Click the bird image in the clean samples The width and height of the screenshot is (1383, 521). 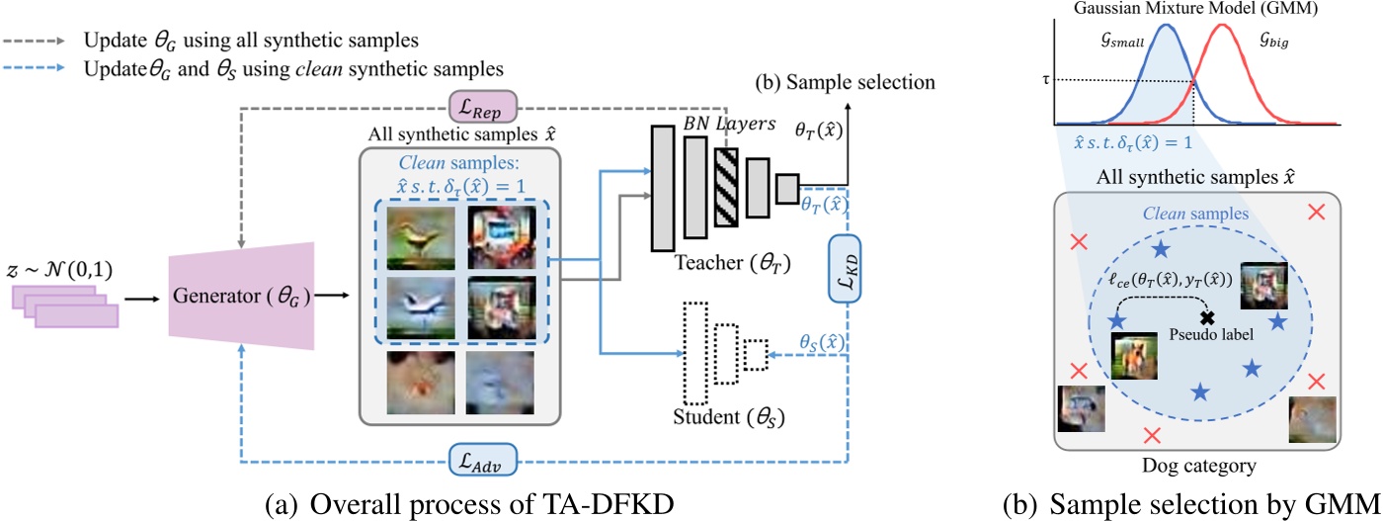click(x=419, y=237)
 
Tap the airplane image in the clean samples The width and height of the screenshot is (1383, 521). click(x=419, y=306)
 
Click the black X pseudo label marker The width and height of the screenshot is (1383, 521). click(x=1206, y=317)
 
